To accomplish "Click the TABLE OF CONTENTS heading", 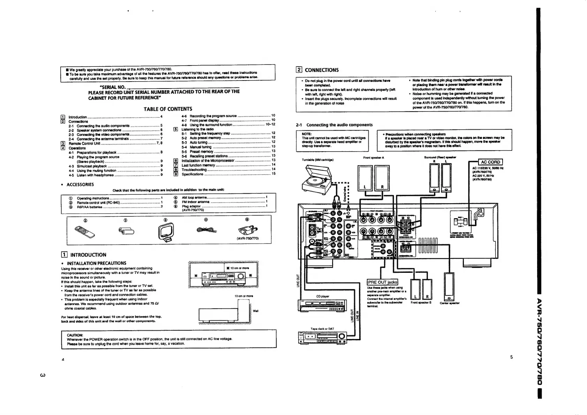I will point(168,109).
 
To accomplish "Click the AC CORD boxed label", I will point(491,162).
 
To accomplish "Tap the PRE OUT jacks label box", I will point(383,282).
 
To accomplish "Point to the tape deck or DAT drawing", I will point(323,337).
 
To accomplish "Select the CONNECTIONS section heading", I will point(322,70).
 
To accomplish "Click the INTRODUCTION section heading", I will point(88,255).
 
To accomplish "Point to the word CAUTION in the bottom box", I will point(75,335).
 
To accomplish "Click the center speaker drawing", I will point(449,286).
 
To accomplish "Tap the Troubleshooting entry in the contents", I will point(194,170).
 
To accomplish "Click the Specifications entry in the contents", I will point(193,174).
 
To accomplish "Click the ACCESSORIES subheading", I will point(80,185).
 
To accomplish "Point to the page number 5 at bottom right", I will point(511,357).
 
